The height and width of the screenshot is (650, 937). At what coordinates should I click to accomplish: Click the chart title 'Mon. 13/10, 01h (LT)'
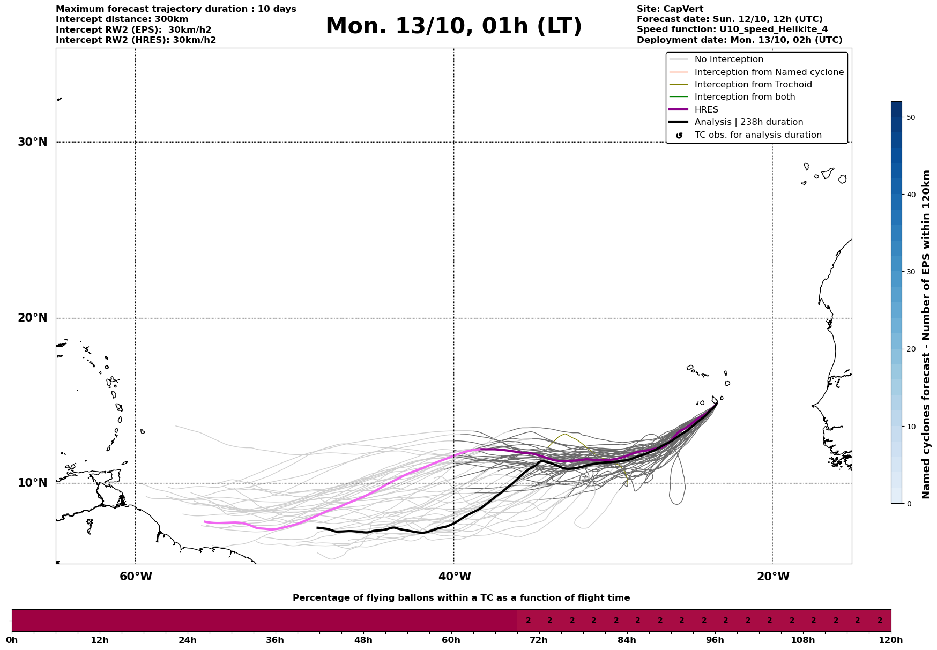pos(453,26)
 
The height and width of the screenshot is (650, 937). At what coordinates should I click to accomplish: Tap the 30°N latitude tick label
pos(32,142)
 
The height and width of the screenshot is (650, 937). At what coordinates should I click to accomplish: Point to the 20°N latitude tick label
pos(32,318)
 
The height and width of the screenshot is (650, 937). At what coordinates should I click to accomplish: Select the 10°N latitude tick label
pos(32,483)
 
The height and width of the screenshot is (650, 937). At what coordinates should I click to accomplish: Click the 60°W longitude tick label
pos(136,577)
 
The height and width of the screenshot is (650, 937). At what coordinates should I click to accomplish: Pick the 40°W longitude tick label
pos(455,577)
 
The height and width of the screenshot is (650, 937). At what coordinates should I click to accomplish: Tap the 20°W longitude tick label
pos(773,577)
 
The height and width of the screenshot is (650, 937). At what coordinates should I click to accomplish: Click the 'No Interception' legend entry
pos(728,59)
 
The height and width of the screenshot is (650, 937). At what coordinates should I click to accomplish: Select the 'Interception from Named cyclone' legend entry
pos(769,72)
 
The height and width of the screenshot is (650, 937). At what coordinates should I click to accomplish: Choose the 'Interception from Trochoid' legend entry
pos(753,85)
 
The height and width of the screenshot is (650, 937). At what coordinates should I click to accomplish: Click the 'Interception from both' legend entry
pos(745,97)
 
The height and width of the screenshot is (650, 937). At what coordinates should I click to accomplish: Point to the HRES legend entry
pos(706,110)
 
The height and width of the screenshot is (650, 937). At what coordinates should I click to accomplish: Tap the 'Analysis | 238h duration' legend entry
pos(748,122)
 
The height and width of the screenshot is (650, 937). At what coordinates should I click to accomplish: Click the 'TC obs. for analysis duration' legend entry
pos(757,135)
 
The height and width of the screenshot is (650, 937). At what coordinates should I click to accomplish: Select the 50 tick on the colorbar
pos(910,117)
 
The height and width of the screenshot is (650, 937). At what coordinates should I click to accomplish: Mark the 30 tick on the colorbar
pos(910,272)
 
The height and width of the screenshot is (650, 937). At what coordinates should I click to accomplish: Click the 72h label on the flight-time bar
pos(539,640)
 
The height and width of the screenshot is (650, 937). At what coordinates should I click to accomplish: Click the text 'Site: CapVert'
pos(670,9)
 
